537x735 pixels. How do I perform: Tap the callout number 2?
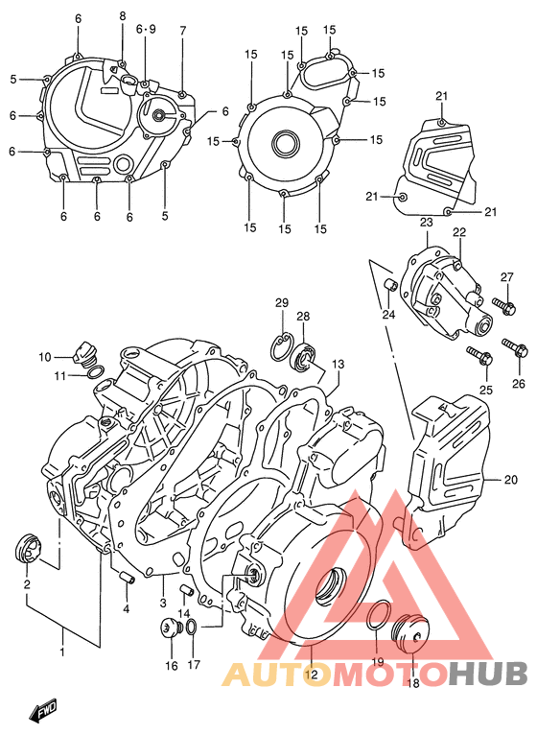(x=27, y=583)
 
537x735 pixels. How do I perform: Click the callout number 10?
(x=44, y=357)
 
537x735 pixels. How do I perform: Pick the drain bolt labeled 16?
(x=171, y=630)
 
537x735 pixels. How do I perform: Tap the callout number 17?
(x=194, y=664)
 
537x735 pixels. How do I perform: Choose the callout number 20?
(x=510, y=480)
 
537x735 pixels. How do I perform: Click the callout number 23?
(x=426, y=222)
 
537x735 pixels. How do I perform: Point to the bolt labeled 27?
(x=506, y=307)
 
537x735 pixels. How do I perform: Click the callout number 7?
(x=182, y=31)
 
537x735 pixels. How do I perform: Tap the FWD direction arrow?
(x=42, y=712)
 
